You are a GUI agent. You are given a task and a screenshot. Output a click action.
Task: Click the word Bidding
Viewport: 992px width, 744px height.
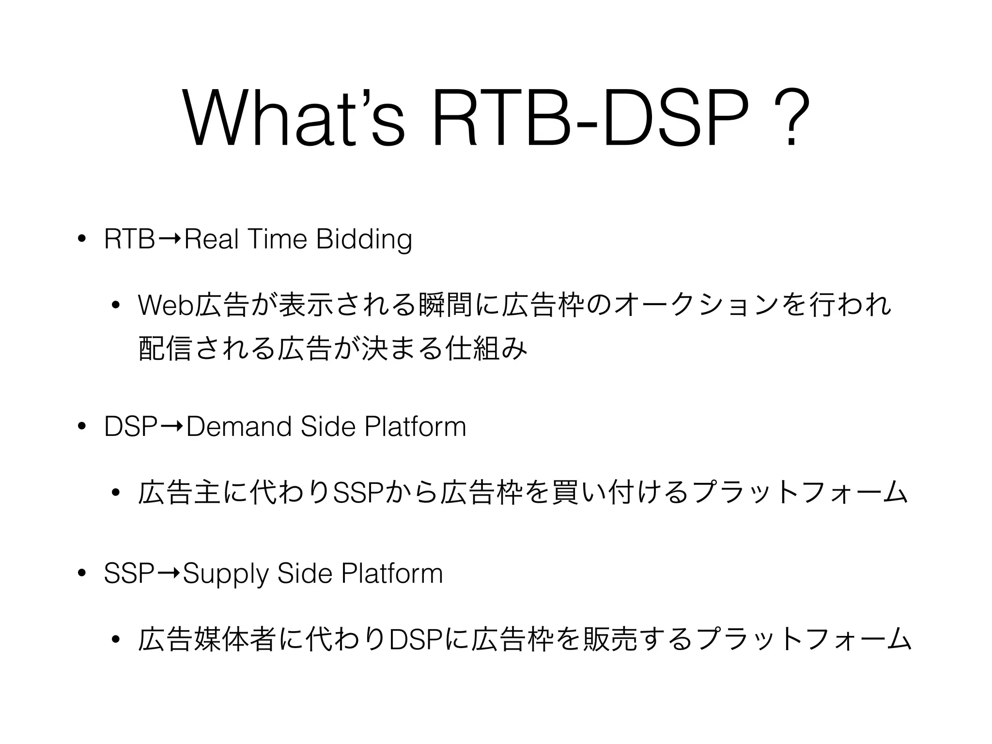(364, 239)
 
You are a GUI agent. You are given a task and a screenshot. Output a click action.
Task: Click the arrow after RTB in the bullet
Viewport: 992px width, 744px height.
(170, 239)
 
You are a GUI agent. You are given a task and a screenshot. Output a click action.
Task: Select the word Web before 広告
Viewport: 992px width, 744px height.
(165, 305)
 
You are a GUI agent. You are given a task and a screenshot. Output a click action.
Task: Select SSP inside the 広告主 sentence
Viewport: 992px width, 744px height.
(359, 493)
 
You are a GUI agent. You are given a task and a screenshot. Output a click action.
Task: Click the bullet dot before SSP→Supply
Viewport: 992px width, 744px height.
(81, 574)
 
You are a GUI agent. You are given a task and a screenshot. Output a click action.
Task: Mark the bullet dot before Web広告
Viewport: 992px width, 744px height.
(115, 305)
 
